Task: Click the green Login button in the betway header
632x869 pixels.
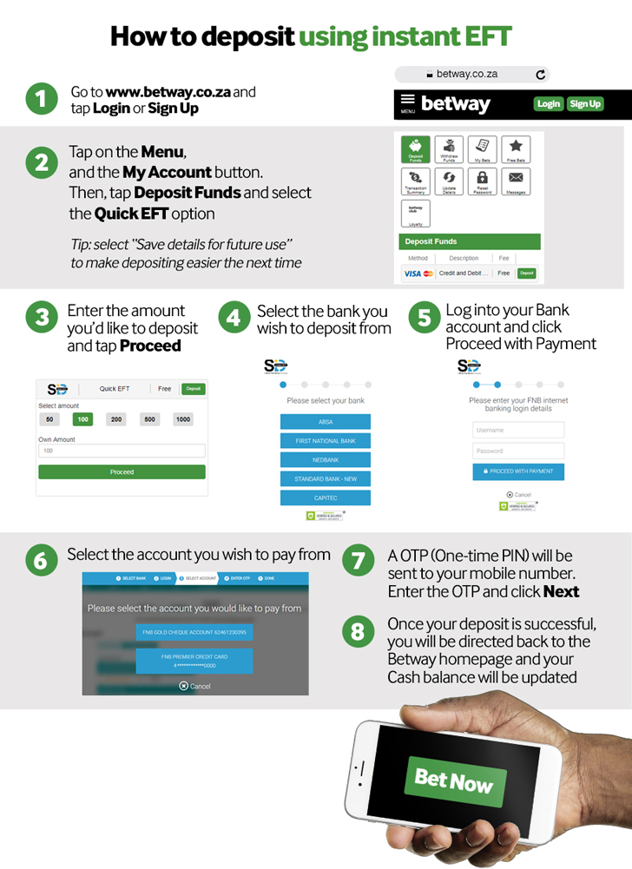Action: click(x=548, y=104)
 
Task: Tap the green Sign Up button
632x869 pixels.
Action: click(x=585, y=104)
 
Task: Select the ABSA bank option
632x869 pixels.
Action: click(x=326, y=422)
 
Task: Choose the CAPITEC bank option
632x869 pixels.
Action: click(x=326, y=498)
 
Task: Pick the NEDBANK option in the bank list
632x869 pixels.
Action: click(x=326, y=460)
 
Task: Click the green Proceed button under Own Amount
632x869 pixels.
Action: click(x=122, y=472)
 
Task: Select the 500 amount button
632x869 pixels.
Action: click(x=150, y=419)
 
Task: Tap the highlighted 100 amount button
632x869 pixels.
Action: click(x=83, y=419)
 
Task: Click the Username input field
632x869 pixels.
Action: click(x=518, y=430)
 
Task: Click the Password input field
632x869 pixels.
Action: click(x=518, y=451)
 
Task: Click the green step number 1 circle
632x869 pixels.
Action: click(x=40, y=99)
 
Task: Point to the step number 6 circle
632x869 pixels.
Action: click(x=40, y=560)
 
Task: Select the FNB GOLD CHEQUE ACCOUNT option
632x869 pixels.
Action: click(x=194, y=633)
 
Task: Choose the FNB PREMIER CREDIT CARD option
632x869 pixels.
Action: click(x=194, y=661)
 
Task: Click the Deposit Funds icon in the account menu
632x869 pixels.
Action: click(x=415, y=150)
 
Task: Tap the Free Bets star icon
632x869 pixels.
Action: click(x=516, y=150)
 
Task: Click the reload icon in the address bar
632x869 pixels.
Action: click(x=541, y=75)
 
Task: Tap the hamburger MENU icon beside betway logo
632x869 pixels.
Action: click(x=407, y=104)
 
